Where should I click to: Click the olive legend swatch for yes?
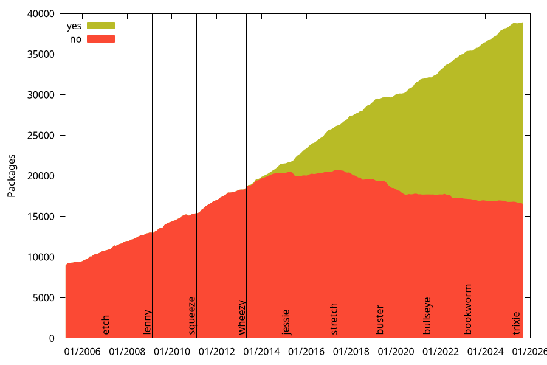(x=101, y=26)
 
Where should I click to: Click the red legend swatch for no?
(x=101, y=39)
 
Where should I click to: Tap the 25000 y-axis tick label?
(x=43, y=136)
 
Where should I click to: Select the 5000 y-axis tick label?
(x=45, y=298)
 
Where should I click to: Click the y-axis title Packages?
(x=12, y=176)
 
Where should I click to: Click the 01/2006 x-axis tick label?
(x=83, y=352)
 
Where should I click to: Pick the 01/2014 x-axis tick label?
(x=261, y=352)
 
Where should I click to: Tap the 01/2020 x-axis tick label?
(x=396, y=352)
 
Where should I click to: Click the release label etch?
(x=106, y=325)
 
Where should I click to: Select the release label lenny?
(x=148, y=322)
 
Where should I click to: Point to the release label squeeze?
(x=192, y=316)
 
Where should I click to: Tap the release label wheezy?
(x=242, y=318)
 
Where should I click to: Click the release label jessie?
(x=286, y=322)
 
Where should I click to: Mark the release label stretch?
(x=334, y=319)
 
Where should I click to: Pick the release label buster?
(x=380, y=320)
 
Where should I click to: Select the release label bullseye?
(x=427, y=316)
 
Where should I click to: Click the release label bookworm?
(x=468, y=310)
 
